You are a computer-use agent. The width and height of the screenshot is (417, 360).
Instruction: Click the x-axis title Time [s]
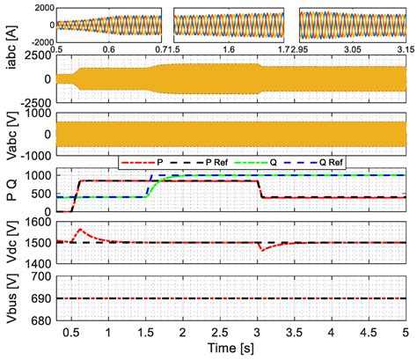[x=230, y=350]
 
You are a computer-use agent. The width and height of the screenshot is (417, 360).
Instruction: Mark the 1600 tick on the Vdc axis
[x=36, y=218]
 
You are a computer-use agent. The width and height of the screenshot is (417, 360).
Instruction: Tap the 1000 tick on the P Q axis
[x=36, y=176]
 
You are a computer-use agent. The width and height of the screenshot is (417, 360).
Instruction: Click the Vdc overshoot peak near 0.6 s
[x=81, y=230]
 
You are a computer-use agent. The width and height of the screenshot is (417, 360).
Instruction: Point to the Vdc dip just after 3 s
[x=260, y=250]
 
